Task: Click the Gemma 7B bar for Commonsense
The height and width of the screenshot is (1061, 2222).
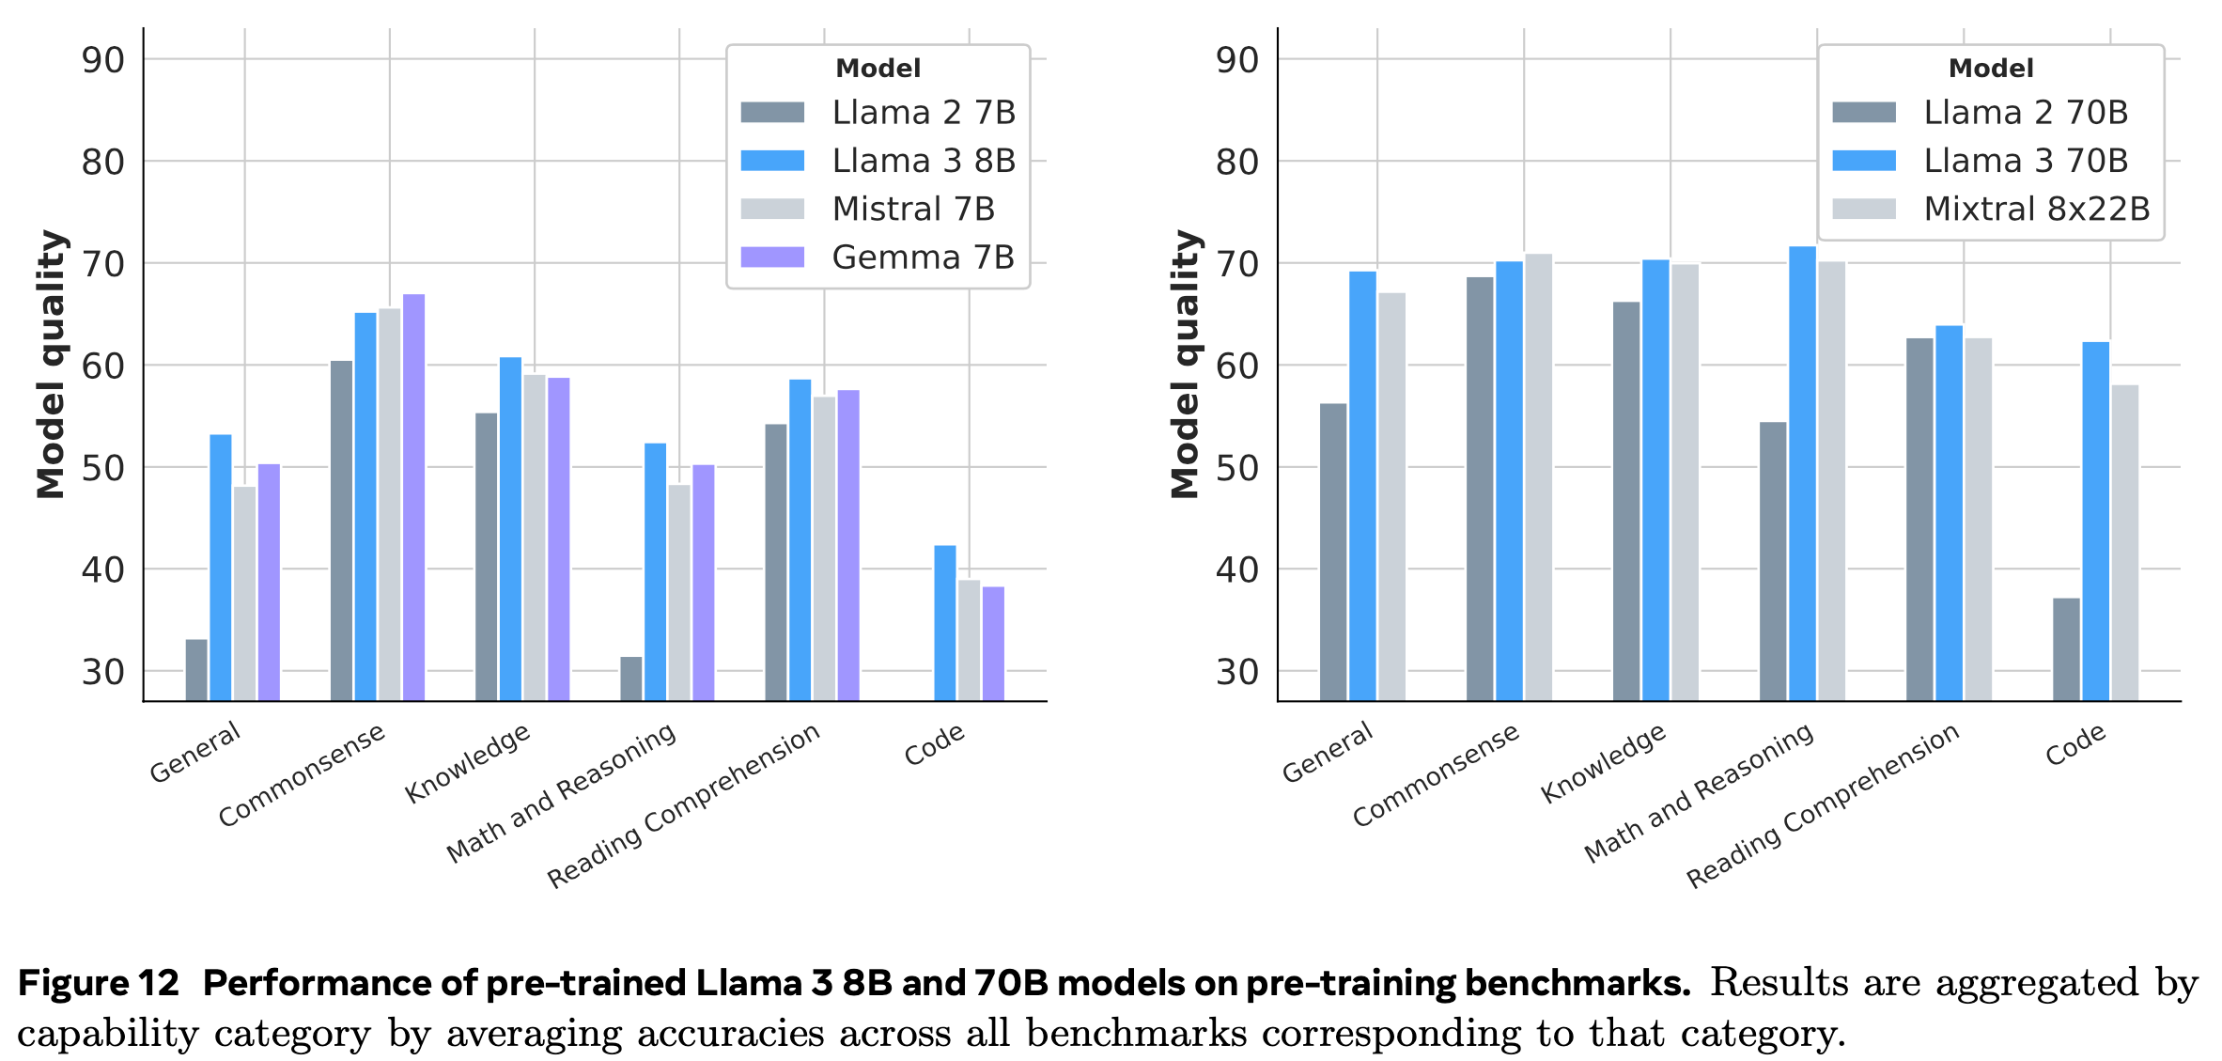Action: pyautogui.click(x=414, y=498)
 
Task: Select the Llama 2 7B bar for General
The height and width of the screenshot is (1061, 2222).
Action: pyautogui.click(x=196, y=670)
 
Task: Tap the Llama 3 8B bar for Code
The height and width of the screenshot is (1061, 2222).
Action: pyautogui.click(x=945, y=623)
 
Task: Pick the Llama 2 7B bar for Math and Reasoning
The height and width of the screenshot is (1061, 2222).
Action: pyautogui.click(x=631, y=679)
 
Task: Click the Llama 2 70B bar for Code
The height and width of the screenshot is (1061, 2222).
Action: pyautogui.click(x=2066, y=649)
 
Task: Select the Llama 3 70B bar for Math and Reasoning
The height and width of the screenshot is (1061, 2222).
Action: pyautogui.click(x=1802, y=474)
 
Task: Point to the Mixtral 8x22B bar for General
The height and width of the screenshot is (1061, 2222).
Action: pyautogui.click(x=1391, y=497)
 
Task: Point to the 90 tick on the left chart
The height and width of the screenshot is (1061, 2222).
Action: pyautogui.click(x=103, y=60)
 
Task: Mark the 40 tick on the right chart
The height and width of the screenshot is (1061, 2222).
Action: pyautogui.click(x=1236, y=570)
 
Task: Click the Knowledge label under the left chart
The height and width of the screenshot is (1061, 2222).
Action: pyautogui.click(x=467, y=763)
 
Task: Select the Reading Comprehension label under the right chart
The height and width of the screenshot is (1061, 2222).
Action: pyautogui.click(x=1822, y=805)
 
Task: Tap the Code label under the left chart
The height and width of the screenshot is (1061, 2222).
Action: pyautogui.click(x=934, y=744)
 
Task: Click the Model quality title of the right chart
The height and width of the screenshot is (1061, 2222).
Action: pyautogui.click(x=1185, y=364)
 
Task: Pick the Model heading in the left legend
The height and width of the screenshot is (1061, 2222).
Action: pyautogui.click(x=878, y=69)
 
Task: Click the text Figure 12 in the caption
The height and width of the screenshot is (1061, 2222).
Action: pyautogui.click(x=99, y=983)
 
